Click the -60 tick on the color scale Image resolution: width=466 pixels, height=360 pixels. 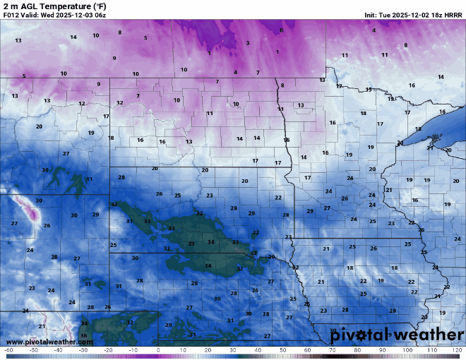(8, 350)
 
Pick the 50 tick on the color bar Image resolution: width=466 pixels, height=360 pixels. (282, 350)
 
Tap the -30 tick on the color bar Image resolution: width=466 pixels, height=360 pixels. (83, 350)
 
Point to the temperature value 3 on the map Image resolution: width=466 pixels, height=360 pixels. (247, 43)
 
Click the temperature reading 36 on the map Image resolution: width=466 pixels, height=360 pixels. (83, 335)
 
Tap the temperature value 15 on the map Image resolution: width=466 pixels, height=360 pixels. (369, 90)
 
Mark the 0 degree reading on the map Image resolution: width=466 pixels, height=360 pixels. (281, 30)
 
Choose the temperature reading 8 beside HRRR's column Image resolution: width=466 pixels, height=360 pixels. (405, 45)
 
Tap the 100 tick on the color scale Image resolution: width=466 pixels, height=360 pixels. (407, 350)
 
